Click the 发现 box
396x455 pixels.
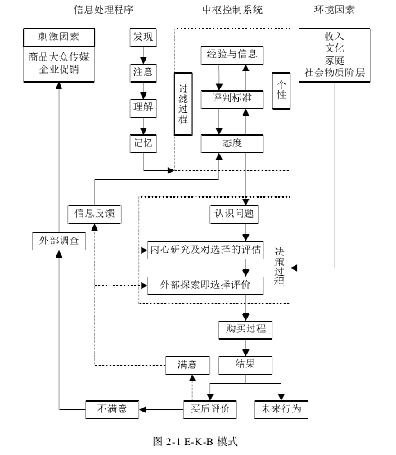[143, 38]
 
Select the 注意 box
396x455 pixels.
[143, 73]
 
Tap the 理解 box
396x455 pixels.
[143, 108]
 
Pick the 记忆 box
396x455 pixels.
[143, 144]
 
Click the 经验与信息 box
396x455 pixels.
[232, 55]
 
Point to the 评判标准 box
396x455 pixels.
[232, 100]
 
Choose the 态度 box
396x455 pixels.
[232, 144]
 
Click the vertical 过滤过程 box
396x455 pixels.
[183, 104]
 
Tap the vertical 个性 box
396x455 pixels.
[281, 91]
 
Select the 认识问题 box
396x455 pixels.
[234, 214]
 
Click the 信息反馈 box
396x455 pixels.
[95, 214]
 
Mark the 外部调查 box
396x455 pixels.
[59, 241]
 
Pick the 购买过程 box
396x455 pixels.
[245, 330]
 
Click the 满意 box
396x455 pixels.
[187, 365]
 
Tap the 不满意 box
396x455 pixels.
[112, 410]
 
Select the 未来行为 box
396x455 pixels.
[281, 410]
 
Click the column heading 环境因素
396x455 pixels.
[335, 10]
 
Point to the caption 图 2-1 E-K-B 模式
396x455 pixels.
[196, 441]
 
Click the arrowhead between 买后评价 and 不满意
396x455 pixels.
[142, 410]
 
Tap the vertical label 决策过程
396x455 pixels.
[279, 268]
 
